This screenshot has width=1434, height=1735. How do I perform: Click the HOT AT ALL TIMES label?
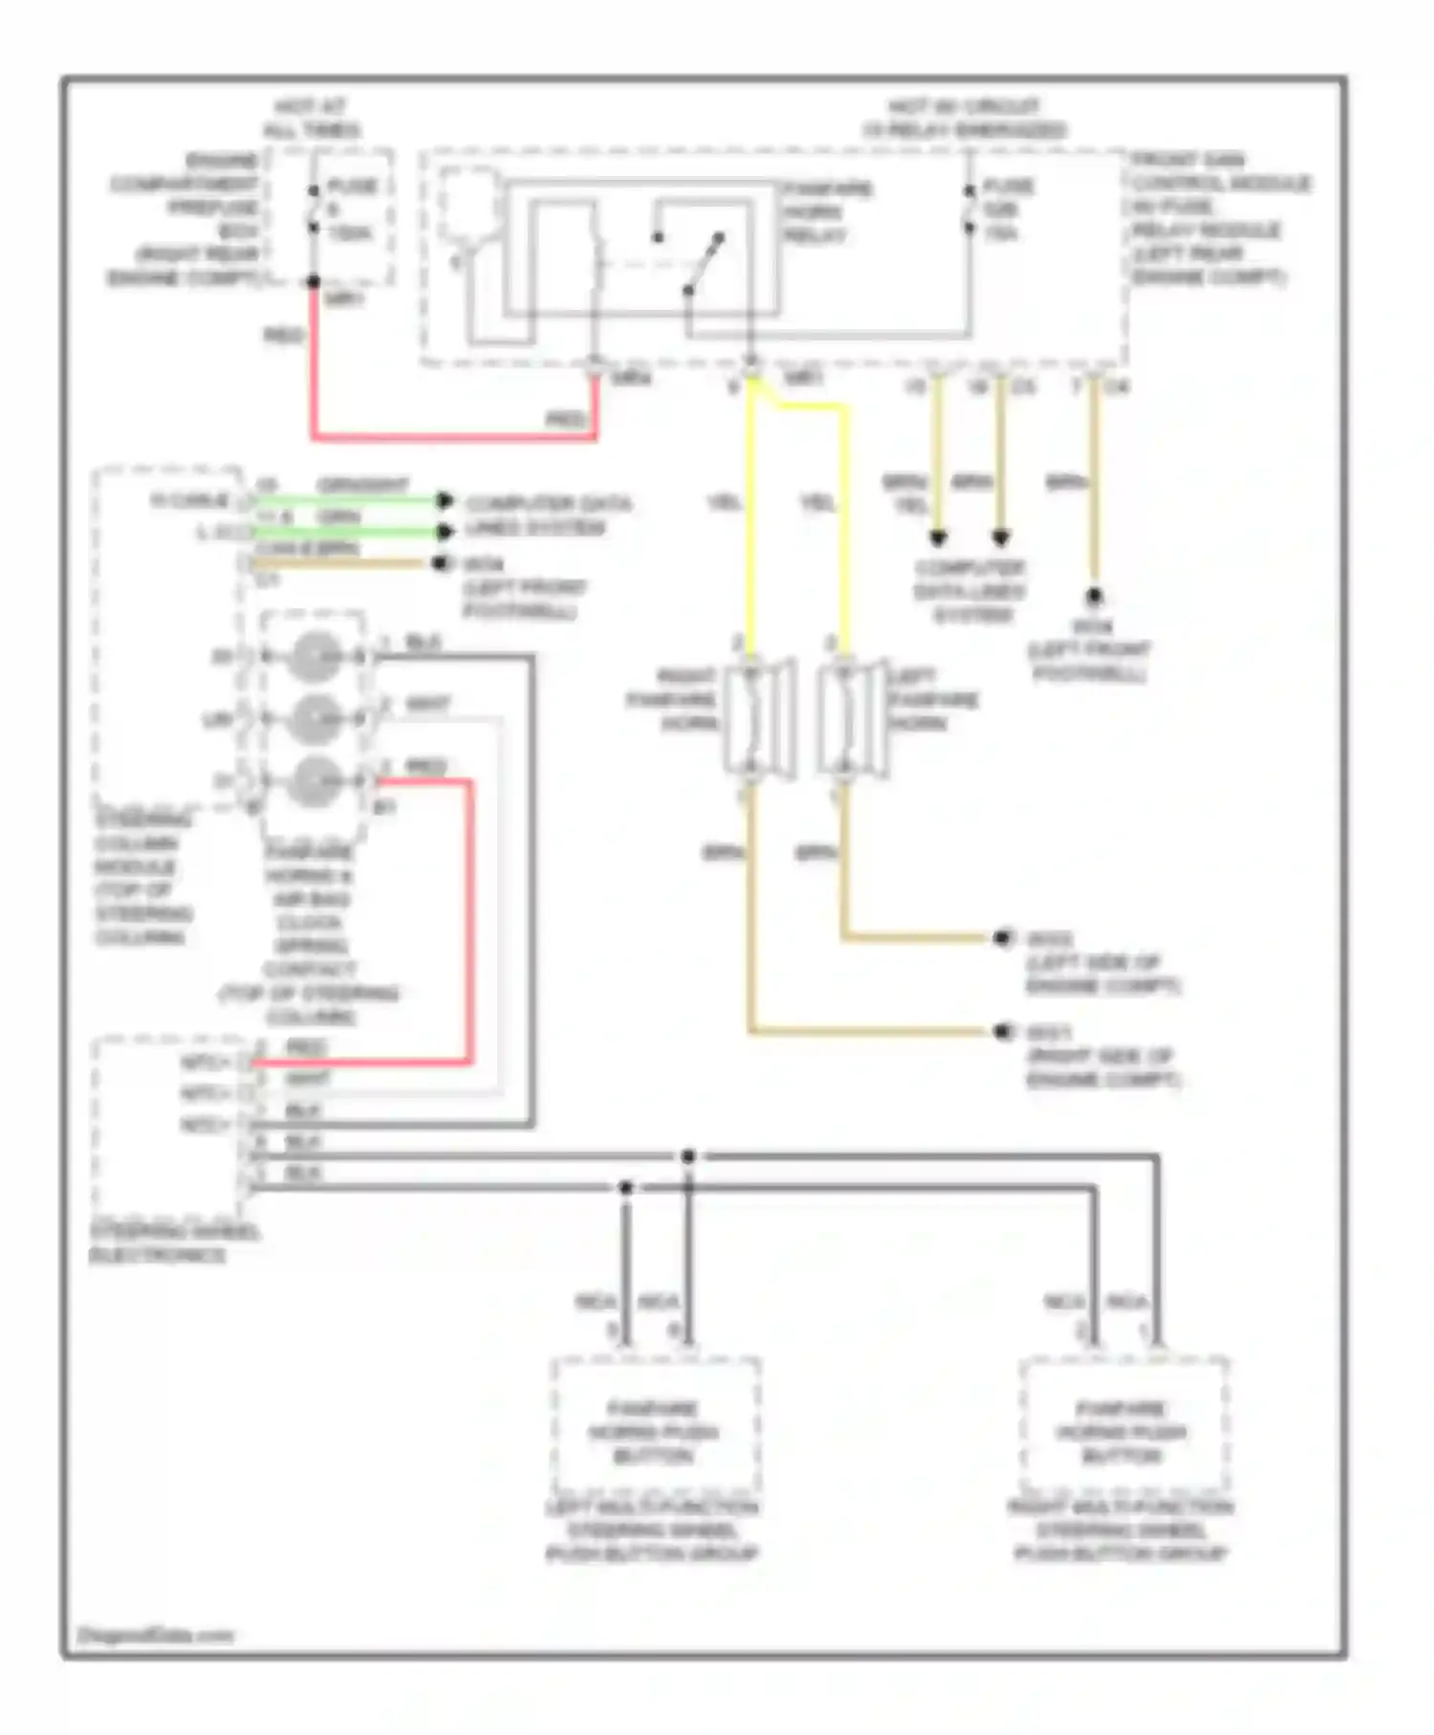311,118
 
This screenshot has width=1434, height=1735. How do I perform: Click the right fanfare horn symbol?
759,718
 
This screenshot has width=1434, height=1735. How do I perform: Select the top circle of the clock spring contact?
315,657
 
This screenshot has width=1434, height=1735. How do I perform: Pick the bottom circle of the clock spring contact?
315,781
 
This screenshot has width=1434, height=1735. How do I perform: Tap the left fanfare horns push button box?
655,1424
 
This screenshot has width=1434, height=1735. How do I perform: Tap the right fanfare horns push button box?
1123,1424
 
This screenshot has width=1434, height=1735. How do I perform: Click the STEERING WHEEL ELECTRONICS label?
172,1242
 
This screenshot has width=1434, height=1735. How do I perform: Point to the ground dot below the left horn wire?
1002,937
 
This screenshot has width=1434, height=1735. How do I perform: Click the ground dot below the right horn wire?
1002,1031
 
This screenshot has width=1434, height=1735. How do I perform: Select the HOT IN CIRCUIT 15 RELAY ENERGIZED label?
964,118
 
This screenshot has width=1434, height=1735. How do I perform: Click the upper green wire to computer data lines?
344,499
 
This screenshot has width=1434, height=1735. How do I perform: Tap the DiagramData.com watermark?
155,1636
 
